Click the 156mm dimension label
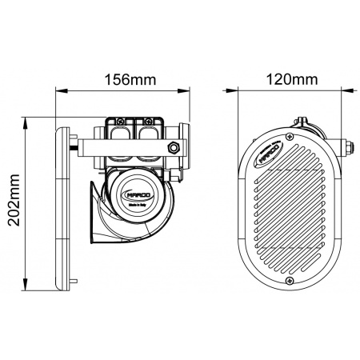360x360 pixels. pos(129,80)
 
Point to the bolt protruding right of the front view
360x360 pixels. pos(350,147)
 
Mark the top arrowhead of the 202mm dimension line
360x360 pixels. pos(27,118)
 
